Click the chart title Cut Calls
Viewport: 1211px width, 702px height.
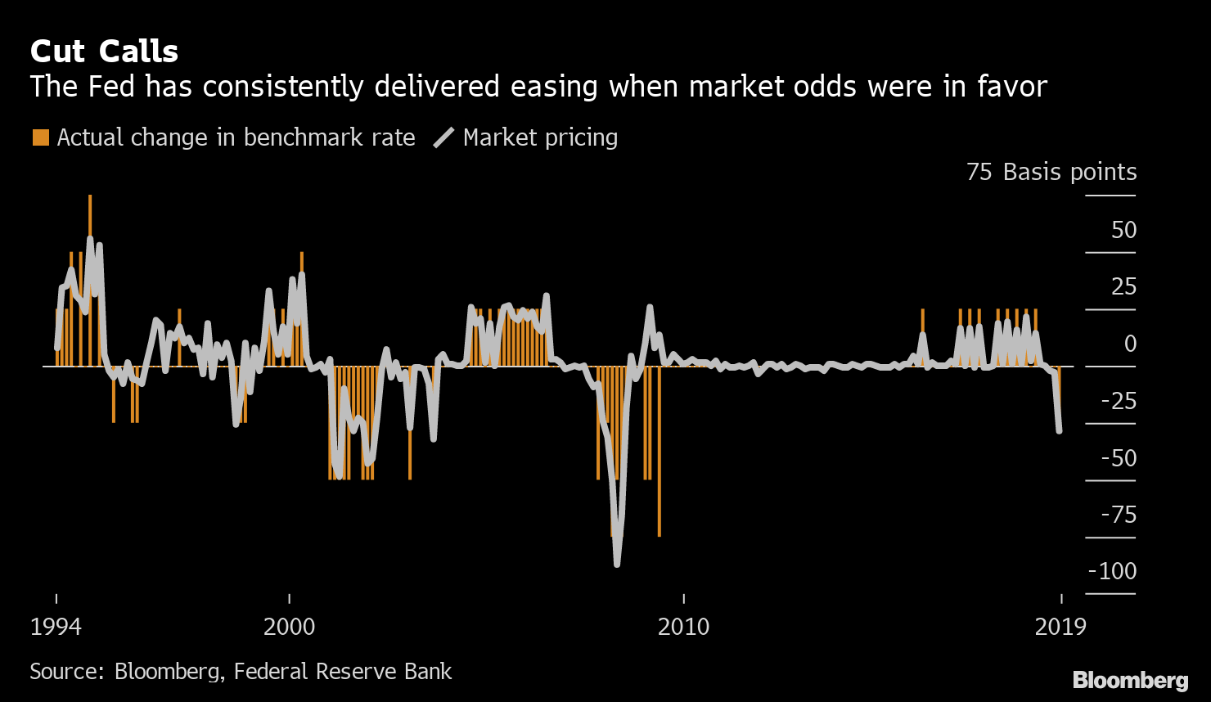point(104,52)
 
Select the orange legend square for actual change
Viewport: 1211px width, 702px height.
point(40,137)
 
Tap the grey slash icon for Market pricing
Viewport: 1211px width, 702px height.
point(444,137)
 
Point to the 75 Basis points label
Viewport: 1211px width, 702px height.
point(1051,173)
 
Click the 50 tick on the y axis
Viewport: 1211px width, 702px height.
point(1123,230)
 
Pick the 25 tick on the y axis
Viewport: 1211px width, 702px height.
point(1123,287)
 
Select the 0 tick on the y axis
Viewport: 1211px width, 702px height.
point(1130,344)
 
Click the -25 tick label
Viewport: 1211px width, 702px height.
point(1118,401)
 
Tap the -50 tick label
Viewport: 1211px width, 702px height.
point(1118,458)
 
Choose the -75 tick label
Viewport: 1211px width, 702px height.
point(1118,515)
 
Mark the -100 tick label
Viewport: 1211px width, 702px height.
point(1113,571)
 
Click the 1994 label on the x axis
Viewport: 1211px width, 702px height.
point(56,628)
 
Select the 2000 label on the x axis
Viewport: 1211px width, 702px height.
point(289,628)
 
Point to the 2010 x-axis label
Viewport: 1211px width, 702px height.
point(683,628)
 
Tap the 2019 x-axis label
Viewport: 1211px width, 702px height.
point(1060,628)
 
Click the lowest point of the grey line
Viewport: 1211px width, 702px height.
point(617,564)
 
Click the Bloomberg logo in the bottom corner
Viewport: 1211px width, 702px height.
point(1130,680)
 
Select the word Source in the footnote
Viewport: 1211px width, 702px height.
point(65,672)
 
